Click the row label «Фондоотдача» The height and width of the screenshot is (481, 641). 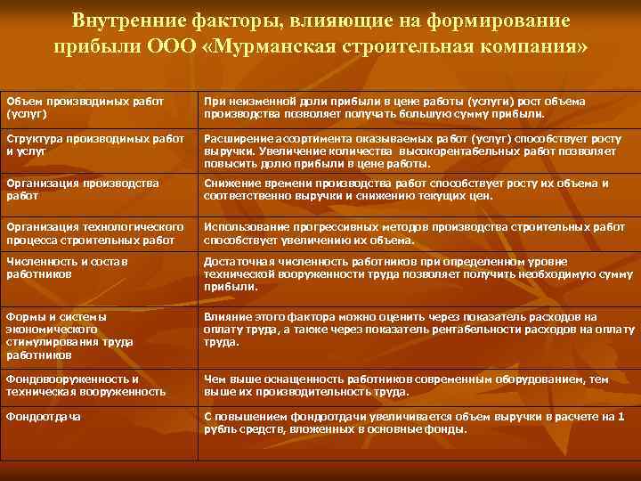(x=42, y=416)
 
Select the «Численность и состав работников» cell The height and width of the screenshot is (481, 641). (x=68, y=268)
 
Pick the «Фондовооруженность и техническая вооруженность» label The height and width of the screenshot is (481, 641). (x=85, y=385)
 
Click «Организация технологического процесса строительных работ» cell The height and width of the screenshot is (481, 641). (x=94, y=232)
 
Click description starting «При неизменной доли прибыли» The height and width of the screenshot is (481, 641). (x=394, y=108)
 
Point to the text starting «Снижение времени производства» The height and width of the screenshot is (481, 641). (x=406, y=189)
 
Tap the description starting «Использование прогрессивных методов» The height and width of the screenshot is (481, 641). (x=414, y=232)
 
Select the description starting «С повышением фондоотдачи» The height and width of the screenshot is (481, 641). (x=413, y=422)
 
